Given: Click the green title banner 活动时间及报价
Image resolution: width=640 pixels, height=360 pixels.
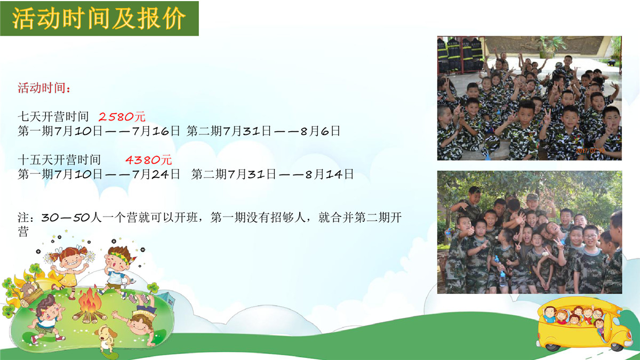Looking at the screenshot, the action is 99,18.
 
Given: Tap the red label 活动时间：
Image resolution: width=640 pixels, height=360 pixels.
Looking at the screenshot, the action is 44,87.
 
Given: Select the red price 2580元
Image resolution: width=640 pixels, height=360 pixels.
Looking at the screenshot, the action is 122,117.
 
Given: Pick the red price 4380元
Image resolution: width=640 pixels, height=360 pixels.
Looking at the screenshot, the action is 149,159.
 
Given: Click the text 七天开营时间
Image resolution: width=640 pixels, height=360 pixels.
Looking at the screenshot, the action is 53,117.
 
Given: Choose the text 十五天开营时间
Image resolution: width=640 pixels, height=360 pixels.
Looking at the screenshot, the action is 59,159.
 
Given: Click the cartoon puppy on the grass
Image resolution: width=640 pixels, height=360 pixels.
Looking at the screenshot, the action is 106,339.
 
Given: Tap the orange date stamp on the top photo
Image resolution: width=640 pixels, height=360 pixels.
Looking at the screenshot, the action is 590,150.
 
